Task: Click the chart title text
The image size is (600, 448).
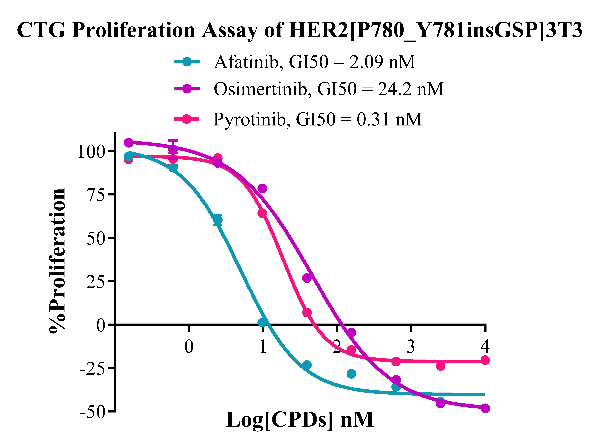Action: coord(300,30)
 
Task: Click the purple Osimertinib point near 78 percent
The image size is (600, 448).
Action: coord(262,188)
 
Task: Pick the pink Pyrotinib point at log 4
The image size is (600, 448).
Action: coord(485,360)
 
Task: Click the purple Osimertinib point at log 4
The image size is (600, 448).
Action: coord(485,408)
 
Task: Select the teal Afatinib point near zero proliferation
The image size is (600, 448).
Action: coord(262,322)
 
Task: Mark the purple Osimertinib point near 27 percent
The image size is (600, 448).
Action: coord(307,278)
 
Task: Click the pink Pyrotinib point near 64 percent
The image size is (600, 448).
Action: coord(262,213)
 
